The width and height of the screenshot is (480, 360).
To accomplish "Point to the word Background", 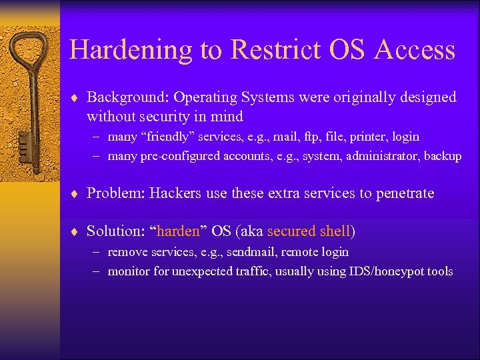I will (x=128, y=97).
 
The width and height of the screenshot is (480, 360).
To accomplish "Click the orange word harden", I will (x=178, y=231).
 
